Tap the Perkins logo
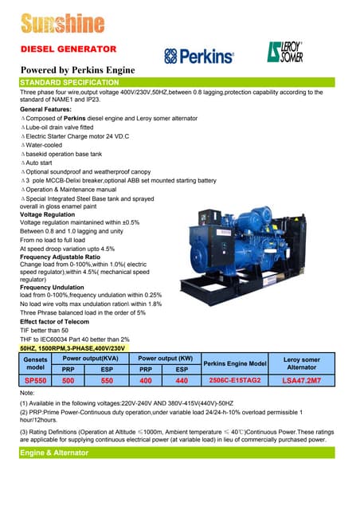199,56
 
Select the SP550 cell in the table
35,382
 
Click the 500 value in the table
68,382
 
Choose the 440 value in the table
181,382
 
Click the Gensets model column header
35,363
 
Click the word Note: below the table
28,394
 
